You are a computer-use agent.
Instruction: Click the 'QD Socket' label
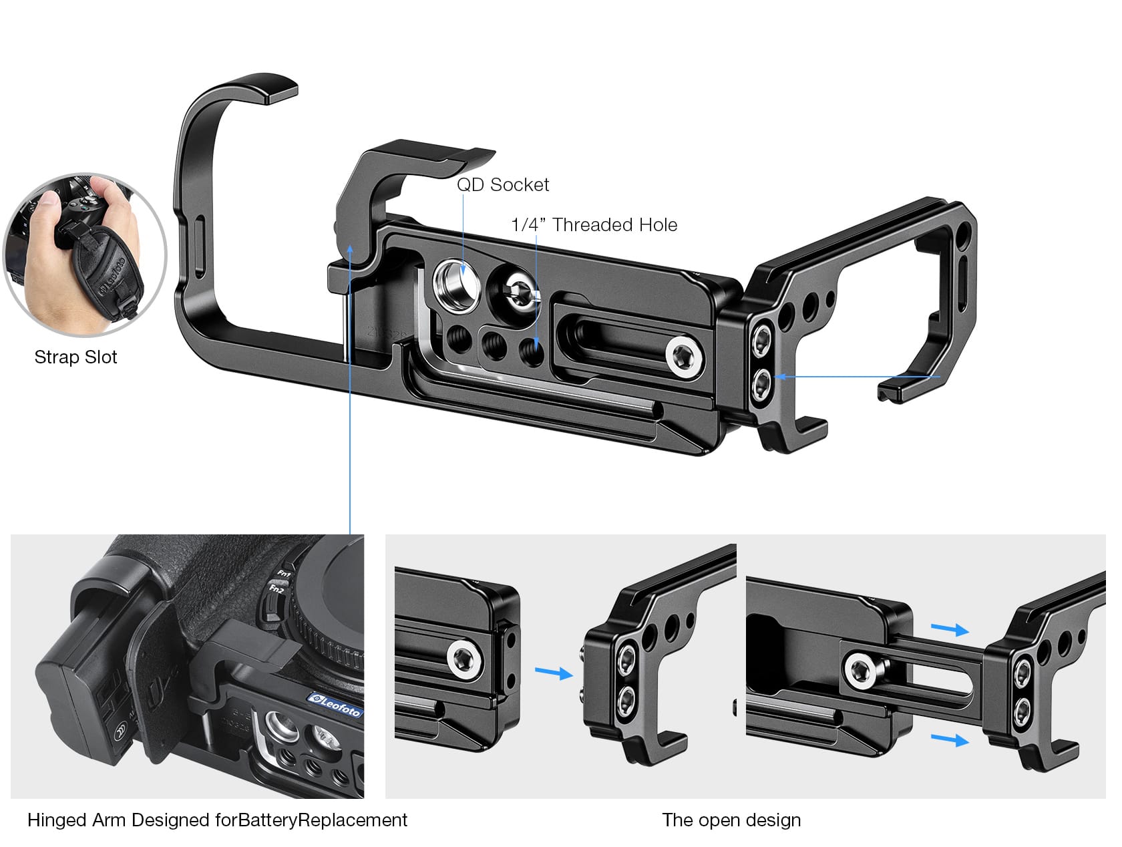pos(502,185)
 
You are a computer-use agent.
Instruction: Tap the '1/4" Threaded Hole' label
pos(594,225)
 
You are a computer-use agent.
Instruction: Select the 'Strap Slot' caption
pos(75,357)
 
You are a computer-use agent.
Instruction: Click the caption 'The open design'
pos(731,820)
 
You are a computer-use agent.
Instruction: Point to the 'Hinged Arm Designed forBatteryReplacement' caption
pos(217,820)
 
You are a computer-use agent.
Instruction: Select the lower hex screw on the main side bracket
pos(761,382)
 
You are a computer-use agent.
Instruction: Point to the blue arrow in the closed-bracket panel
pos(554,673)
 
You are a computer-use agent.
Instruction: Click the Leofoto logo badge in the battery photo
pos(335,703)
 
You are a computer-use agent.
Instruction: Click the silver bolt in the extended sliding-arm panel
pos(861,669)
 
